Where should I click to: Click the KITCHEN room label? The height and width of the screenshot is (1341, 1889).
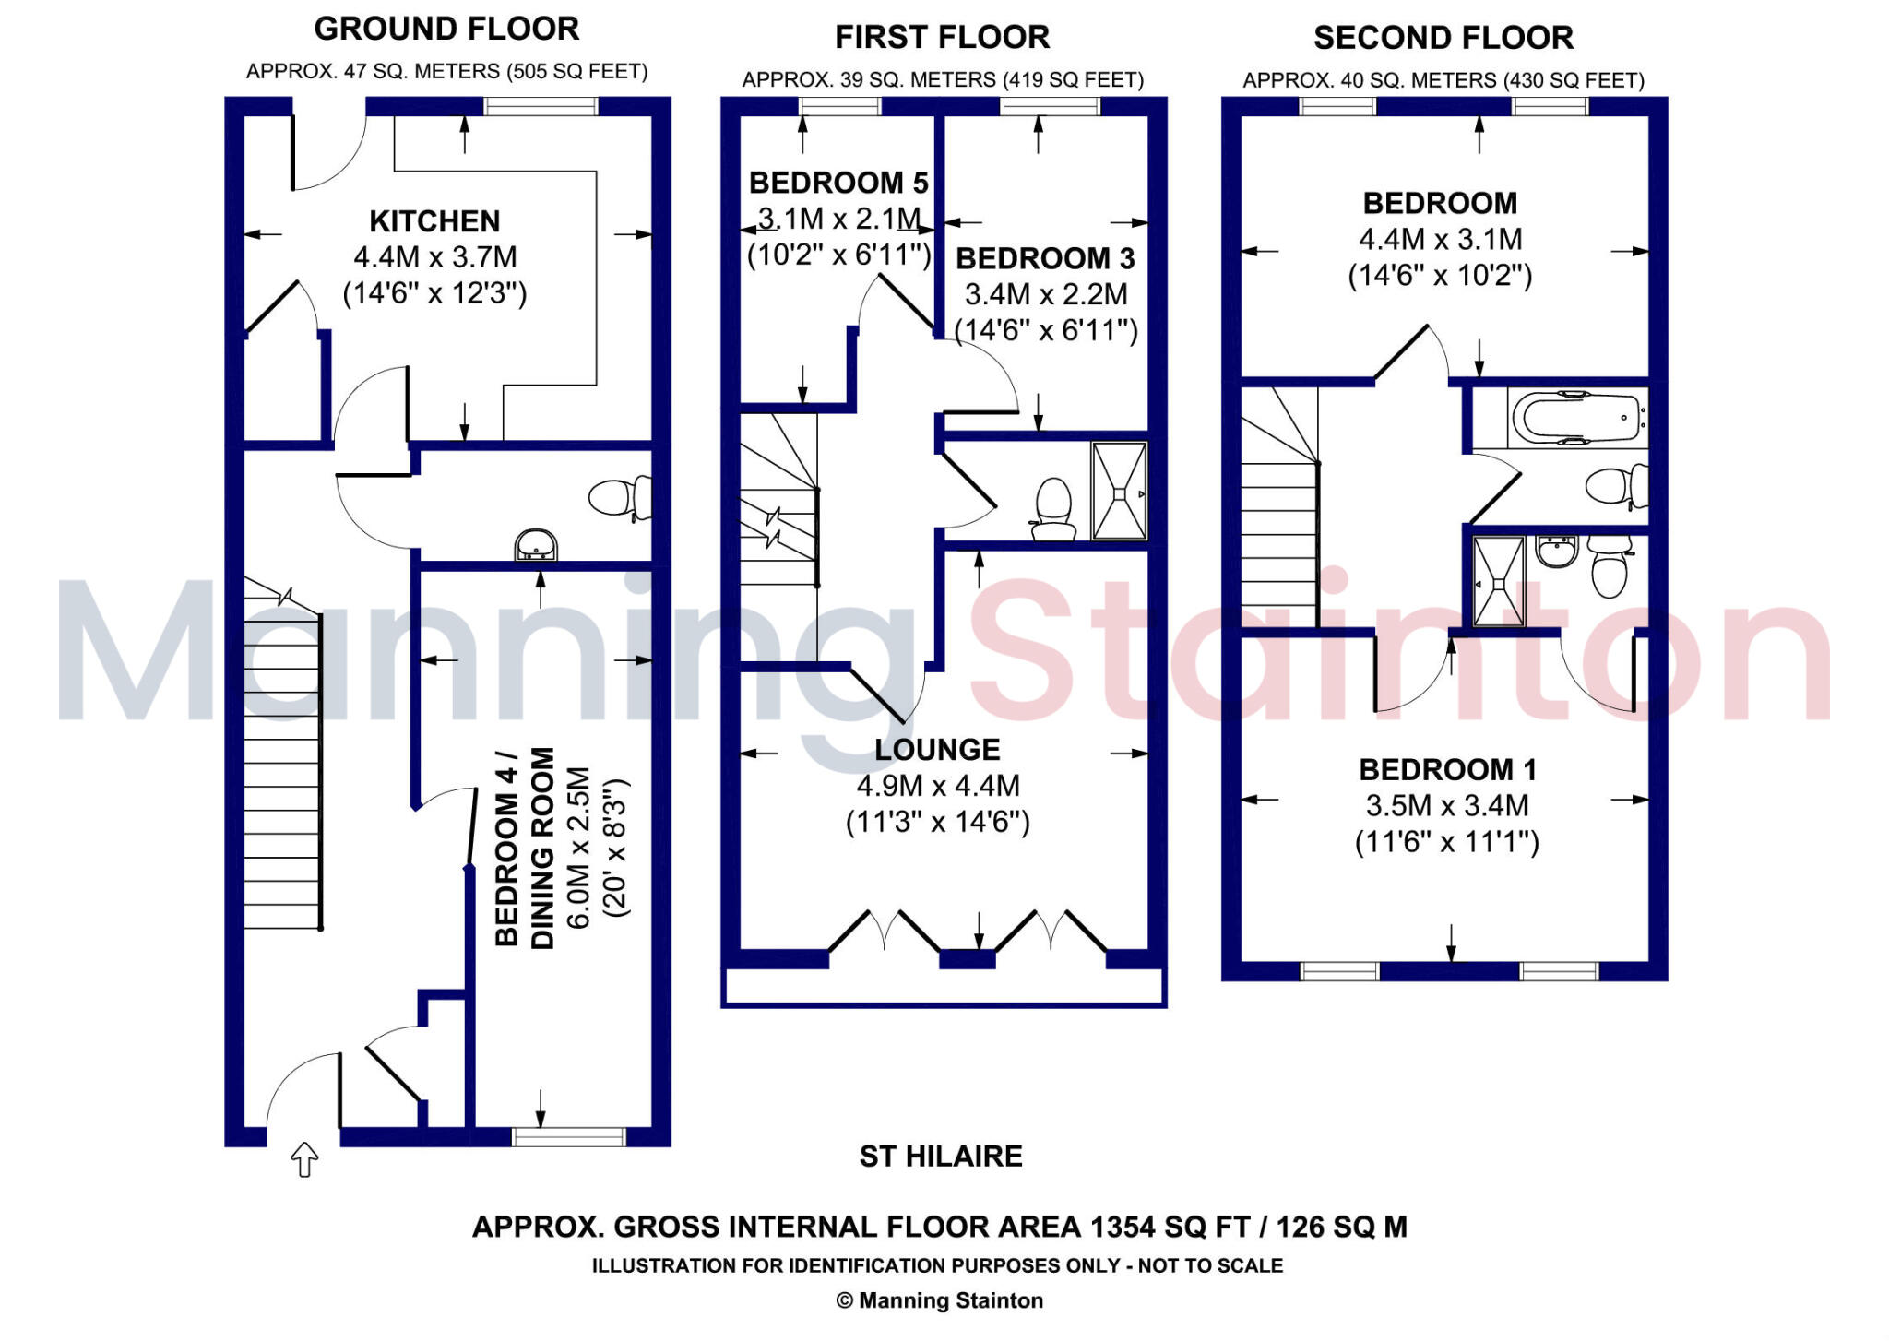pos(434,221)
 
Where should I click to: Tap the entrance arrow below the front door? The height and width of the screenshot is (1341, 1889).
pos(304,1159)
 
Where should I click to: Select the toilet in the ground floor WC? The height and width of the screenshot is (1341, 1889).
pos(620,498)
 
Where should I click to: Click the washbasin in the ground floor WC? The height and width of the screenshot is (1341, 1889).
pos(536,545)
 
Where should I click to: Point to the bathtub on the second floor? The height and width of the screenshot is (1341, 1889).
pos(1577,418)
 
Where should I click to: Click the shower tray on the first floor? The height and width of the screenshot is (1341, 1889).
pos(1119,491)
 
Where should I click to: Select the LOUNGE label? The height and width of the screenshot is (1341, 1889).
pos(937,750)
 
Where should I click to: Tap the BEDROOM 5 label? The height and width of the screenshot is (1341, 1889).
pos(838,183)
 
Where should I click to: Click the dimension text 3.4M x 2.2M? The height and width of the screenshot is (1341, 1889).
pos(1046,294)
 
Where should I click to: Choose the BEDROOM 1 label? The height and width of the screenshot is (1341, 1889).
pos(1446,769)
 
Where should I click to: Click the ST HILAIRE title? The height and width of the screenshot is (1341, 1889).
pos(941,1157)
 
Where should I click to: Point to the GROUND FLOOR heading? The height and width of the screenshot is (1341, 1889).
pos(446,29)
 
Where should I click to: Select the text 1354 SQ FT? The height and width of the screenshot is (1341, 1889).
pos(1169,1228)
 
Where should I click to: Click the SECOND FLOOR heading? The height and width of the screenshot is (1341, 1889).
pos(1443,38)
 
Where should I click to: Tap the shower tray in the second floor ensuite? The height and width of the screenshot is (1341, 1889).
pos(1498,582)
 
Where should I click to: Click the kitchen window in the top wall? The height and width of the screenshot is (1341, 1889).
pos(541,106)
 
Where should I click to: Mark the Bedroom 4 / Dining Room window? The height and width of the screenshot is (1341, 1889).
pos(568,1136)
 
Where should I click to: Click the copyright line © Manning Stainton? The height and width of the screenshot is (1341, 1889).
pos(939,1300)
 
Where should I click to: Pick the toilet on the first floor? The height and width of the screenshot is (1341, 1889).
pos(1052,510)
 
